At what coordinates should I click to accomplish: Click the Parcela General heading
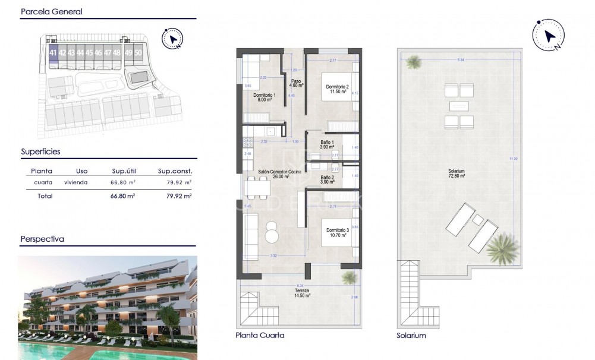51,11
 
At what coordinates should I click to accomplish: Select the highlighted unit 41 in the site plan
53,53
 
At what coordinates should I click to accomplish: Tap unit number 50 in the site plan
138,53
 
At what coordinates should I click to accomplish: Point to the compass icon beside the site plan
172,39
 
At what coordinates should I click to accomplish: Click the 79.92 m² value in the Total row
178,195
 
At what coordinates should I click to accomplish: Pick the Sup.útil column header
125,171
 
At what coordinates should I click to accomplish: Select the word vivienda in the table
75,183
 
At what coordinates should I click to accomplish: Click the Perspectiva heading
42,239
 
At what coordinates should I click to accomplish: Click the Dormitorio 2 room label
337,89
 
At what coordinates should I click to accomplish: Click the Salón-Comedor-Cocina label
279,173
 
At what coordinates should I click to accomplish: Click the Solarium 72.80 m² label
457,173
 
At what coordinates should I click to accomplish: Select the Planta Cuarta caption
260,336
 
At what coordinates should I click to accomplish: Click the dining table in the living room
259,187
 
